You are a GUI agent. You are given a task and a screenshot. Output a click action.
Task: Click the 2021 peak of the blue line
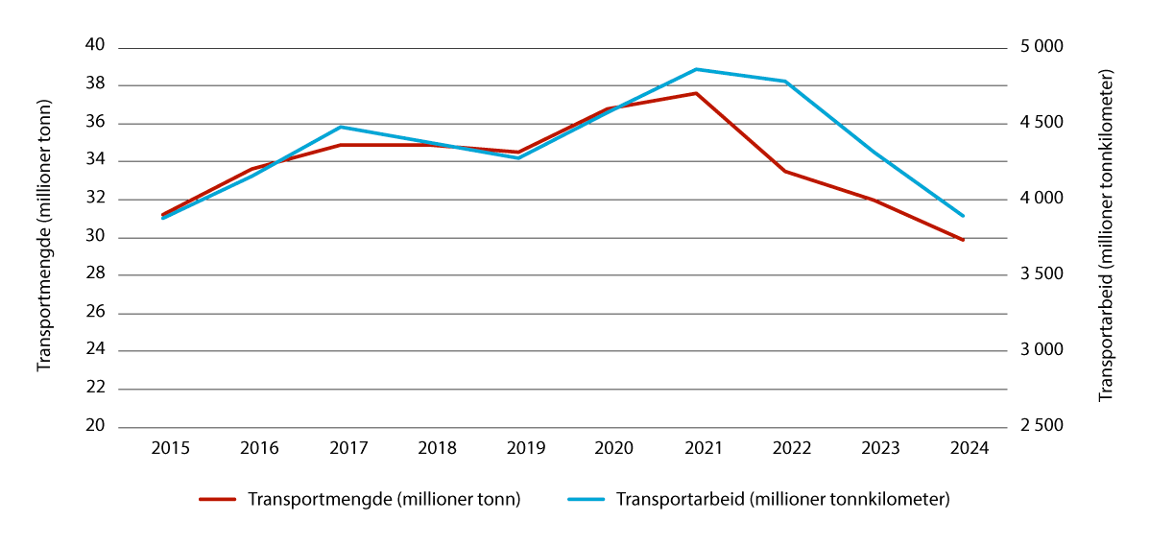click(696, 69)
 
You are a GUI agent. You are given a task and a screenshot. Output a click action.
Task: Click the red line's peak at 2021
click(696, 93)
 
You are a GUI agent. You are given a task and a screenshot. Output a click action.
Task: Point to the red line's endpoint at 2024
click(963, 240)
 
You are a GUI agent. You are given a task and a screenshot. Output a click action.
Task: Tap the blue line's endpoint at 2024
click(963, 216)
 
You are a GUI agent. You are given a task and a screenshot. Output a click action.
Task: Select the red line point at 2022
click(785, 171)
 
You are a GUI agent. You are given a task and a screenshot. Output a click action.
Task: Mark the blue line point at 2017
click(341, 127)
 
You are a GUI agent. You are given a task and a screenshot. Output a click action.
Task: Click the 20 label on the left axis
click(98, 427)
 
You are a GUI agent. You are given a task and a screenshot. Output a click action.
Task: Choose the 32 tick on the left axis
click(98, 200)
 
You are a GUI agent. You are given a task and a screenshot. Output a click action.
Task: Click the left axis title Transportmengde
click(43, 236)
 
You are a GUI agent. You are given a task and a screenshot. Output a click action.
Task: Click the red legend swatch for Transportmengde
click(217, 500)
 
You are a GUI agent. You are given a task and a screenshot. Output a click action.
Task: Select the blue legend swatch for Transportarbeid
click(586, 500)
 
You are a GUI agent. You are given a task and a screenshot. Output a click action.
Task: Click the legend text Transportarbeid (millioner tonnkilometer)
click(782, 500)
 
